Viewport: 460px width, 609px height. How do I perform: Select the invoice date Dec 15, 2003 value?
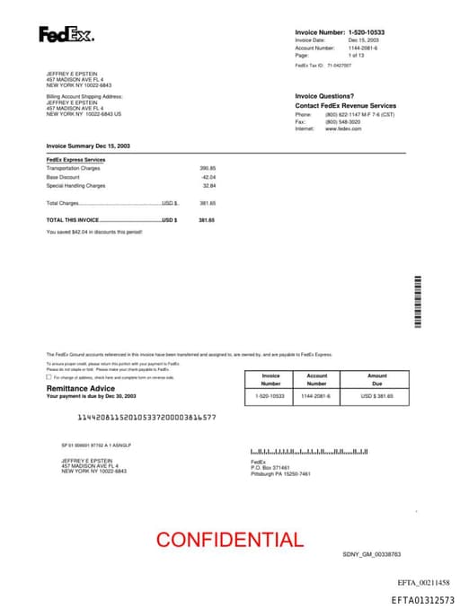(364, 40)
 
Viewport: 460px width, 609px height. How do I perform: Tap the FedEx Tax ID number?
(340, 66)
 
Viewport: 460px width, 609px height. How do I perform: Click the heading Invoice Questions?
(324, 96)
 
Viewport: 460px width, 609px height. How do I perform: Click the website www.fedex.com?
(343, 128)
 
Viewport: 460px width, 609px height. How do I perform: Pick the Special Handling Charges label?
(75, 186)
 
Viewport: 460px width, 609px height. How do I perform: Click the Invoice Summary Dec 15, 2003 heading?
(88, 145)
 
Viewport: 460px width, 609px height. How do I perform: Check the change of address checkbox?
(49, 377)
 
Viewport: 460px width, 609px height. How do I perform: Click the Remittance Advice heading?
(80, 388)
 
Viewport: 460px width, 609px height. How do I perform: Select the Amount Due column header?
(377, 379)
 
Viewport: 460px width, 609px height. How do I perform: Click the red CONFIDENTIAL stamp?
(230, 540)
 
